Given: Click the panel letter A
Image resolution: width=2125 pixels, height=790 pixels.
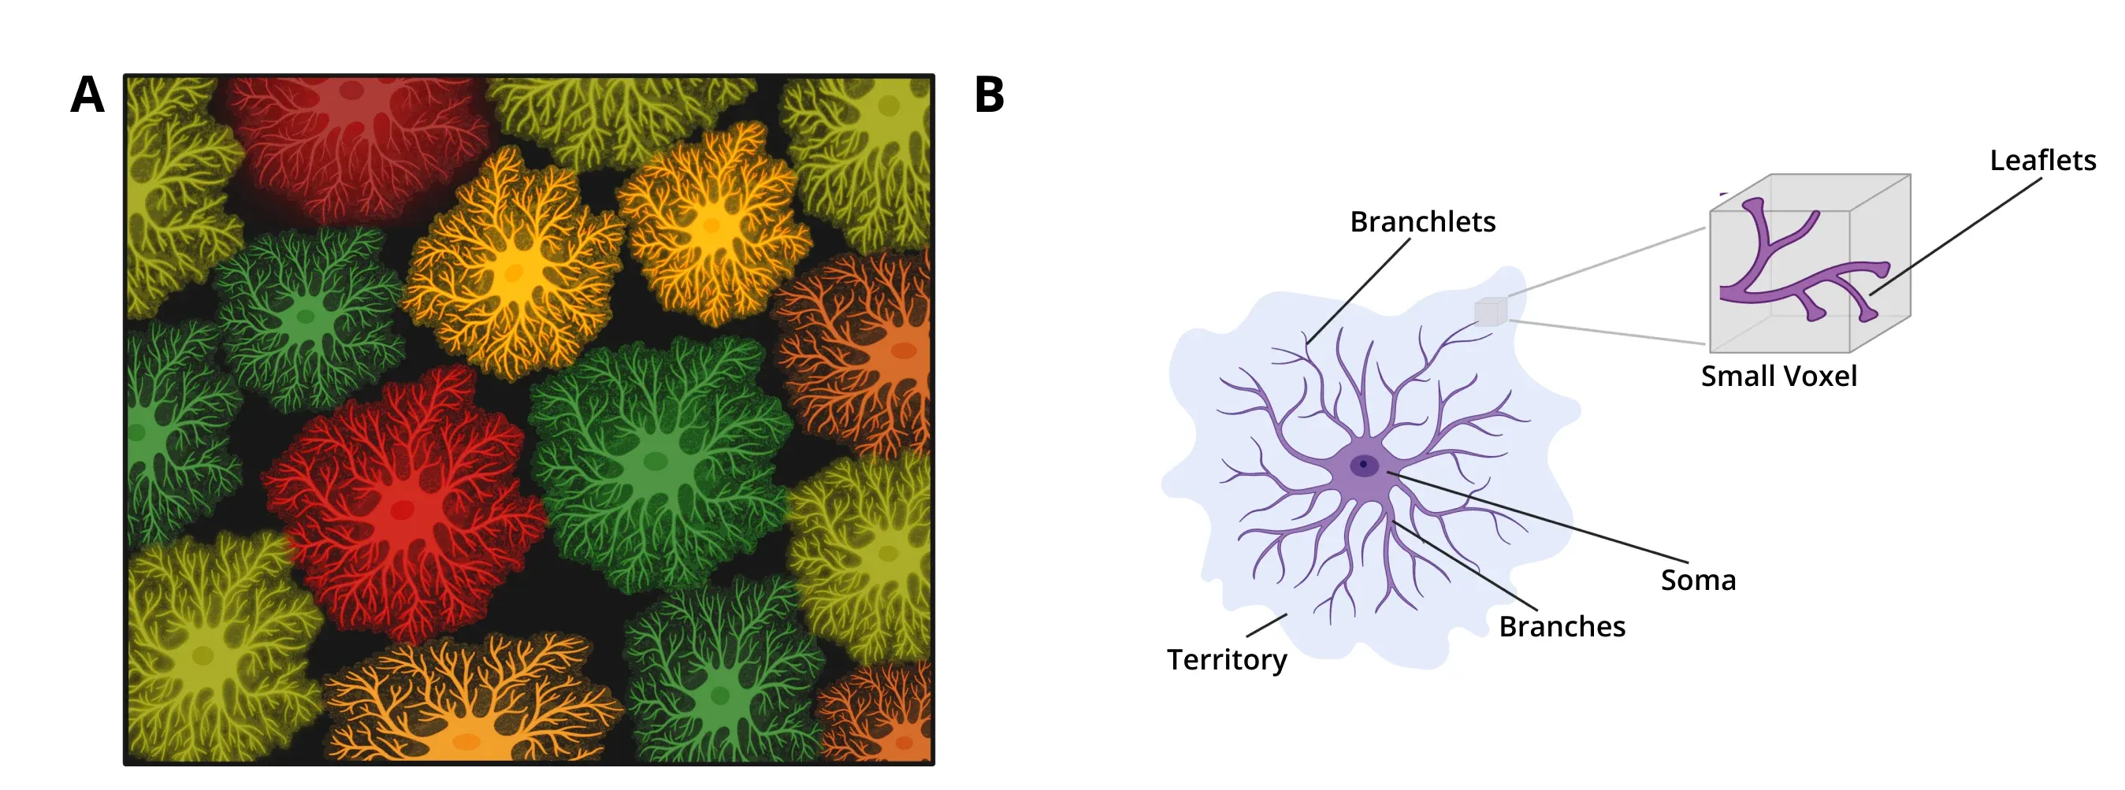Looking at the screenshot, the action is pyautogui.click(x=87, y=95).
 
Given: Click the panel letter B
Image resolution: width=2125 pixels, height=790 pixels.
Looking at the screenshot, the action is pyautogui.click(x=989, y=95).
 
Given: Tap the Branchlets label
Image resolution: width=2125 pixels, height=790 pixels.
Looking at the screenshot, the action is pyautogui.click(x=1422, y=221).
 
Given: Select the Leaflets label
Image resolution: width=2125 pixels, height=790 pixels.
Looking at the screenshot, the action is pyautogui.click(x=2042, y=160).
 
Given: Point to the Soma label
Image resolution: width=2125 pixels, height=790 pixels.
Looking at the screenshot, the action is pyautogui.click(x=1698, y=580).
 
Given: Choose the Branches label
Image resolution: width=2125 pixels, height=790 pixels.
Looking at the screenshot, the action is pyautogui.click(x=1562, y=627).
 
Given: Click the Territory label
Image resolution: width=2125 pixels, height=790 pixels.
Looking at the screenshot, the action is pyautogui.click(x=1227, y=661).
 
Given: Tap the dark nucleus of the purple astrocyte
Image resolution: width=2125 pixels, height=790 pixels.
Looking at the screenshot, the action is pyautogui.click(x=1364, y=465).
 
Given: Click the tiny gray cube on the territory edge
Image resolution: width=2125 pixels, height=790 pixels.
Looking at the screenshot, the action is pyautogui.click(x=1491, y=312).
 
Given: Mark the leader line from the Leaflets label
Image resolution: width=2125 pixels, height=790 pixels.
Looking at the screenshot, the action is pyautogui.click(x=1955, y=236).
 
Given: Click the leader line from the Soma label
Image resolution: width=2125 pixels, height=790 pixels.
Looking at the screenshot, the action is pyautogui.click(x=1538, y=517).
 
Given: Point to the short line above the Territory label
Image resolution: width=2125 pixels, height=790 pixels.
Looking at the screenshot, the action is pyautogui.click(x=1266, y=625).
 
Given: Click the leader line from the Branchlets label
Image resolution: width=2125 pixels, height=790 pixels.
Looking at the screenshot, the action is pyautogui.click(x=1358, y=291).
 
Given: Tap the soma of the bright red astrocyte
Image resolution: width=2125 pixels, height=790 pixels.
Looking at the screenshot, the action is pyautogui.click(x=402, y=509).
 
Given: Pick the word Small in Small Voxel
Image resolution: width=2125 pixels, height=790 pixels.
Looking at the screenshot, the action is pyautogui.click(x=1733, y=376).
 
